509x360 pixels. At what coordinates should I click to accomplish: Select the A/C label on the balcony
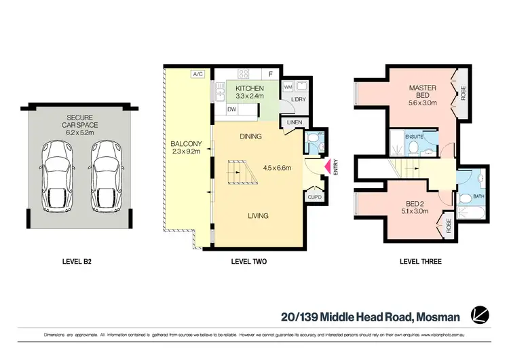[198, 74]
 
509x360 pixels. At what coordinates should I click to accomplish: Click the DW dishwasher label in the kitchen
[231, 109]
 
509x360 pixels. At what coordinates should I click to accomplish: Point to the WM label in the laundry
[288, 87]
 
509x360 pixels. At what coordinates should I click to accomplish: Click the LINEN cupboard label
[293, 122]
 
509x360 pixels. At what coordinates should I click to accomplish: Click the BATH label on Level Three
[478, 197]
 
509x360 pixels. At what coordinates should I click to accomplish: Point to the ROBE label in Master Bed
[464, 92]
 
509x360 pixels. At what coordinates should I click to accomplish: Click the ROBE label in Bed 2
[449, 224]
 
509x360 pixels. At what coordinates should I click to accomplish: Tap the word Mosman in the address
[437, 317]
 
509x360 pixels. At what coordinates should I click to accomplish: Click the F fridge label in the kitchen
[271, 74]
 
